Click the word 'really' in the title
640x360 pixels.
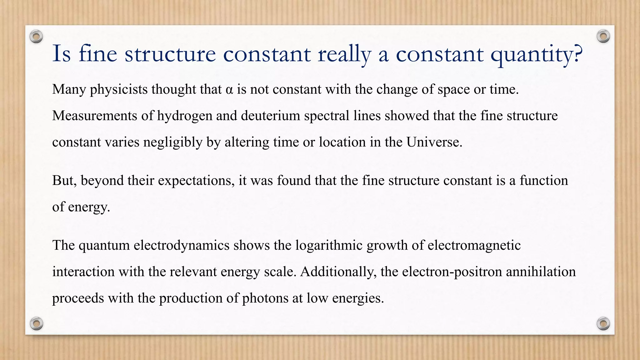(344, 54)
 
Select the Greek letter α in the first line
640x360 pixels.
(229, 90)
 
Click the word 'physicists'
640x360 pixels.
(119, 90)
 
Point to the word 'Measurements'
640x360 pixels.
(95, 116)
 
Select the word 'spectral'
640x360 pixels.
(327, 116)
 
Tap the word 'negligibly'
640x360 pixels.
(173, 142)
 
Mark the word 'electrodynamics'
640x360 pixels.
(182, 245)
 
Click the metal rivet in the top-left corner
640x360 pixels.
(36, 37)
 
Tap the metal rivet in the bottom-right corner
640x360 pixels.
(603, 323)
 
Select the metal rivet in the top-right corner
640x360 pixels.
(603, 37)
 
